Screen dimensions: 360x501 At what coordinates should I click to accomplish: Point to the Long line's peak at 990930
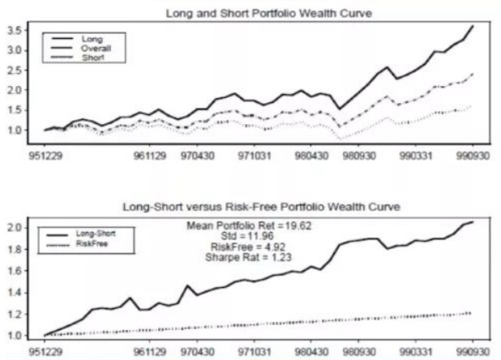click(473, 27)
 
